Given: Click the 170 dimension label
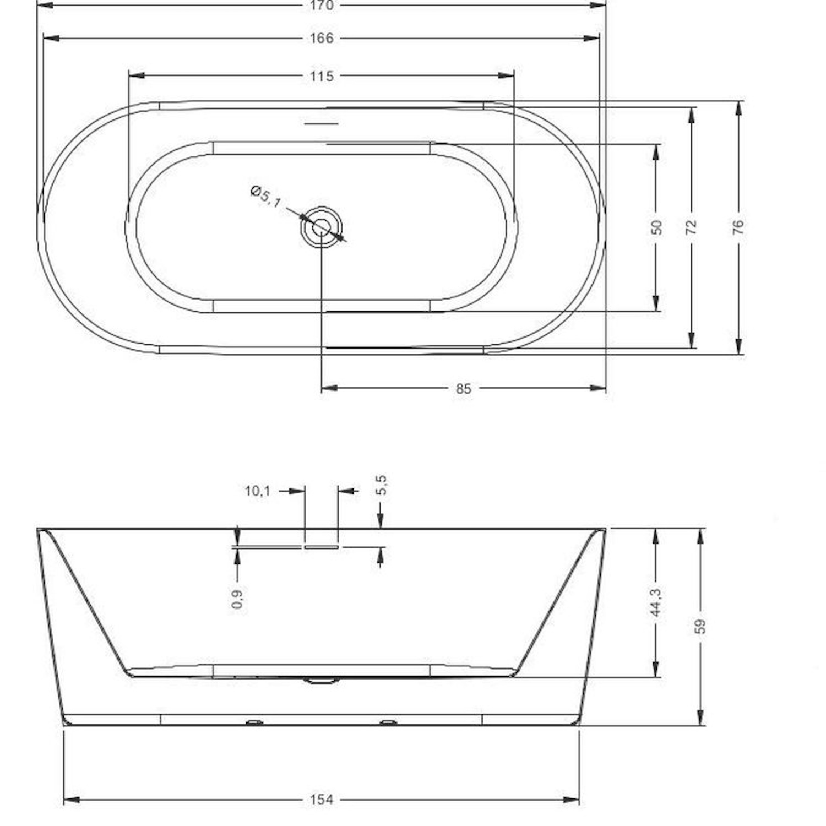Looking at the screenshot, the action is coord(322,6).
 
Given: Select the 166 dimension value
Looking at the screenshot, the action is coord(322,38).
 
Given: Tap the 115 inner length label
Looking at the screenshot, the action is coord(322,76).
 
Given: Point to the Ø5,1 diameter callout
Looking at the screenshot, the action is coord(265,197).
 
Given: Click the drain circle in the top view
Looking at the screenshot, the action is coord(321,227).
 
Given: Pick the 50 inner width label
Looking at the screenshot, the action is coord(656,227).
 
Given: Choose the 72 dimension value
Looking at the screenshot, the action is coord(692,226).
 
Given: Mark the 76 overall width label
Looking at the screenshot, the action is coord(738,226).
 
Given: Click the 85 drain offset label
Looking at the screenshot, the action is coord(464,389).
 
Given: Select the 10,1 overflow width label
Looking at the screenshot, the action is coord(257,491).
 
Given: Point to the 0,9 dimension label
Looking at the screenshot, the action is coord(238,598).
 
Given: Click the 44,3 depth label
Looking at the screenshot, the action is coord(656,602).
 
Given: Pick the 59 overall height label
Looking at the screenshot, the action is coord(700,626).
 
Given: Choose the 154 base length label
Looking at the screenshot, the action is coord(322,800).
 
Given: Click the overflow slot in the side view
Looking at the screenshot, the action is coord(321,547).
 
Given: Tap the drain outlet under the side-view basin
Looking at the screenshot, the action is coord(321,681).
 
